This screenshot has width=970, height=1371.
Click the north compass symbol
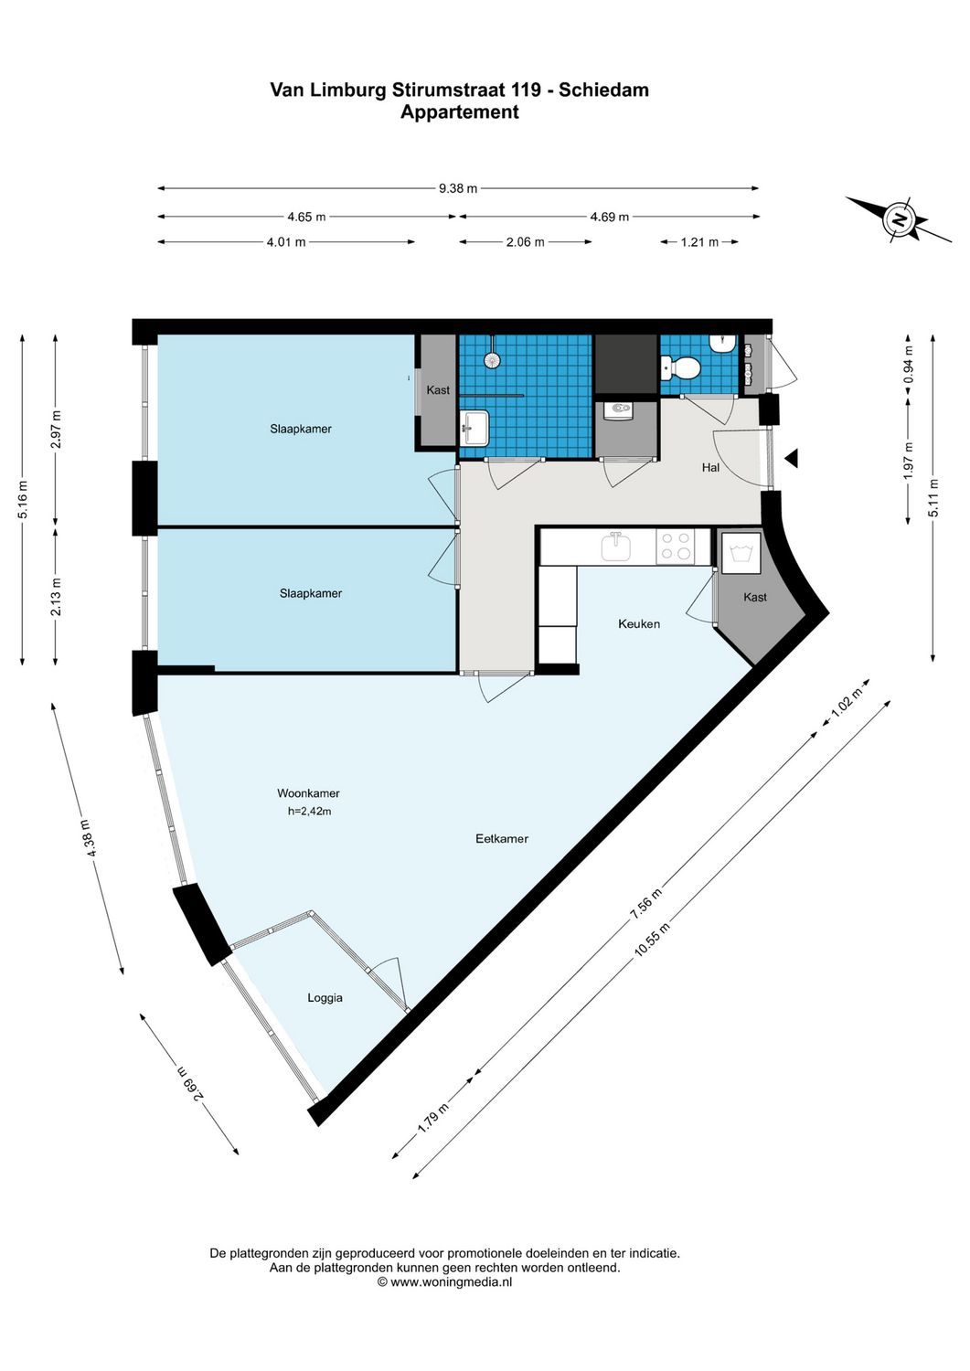[900, 220]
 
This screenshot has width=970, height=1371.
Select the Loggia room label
[325, 997]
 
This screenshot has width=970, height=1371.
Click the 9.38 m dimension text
[458, 188]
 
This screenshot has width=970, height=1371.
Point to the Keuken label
[639, 623]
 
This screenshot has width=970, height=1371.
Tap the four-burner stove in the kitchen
[676, 547]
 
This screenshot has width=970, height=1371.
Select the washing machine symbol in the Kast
[740, 552]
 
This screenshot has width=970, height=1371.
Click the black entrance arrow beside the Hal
[792, 459]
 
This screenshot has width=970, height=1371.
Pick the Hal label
[710, 467]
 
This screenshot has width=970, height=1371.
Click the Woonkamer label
[308, 793]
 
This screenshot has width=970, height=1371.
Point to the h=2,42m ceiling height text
[309, 811]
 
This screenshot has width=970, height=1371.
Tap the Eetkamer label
[502, 838]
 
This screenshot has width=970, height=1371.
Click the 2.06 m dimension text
[526, 242]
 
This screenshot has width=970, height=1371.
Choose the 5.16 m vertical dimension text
[23, 499]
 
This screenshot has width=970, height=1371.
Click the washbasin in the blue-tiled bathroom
[475, 426]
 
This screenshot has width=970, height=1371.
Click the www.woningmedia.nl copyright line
[444, 1281]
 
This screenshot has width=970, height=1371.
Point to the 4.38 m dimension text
[89, 837]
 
